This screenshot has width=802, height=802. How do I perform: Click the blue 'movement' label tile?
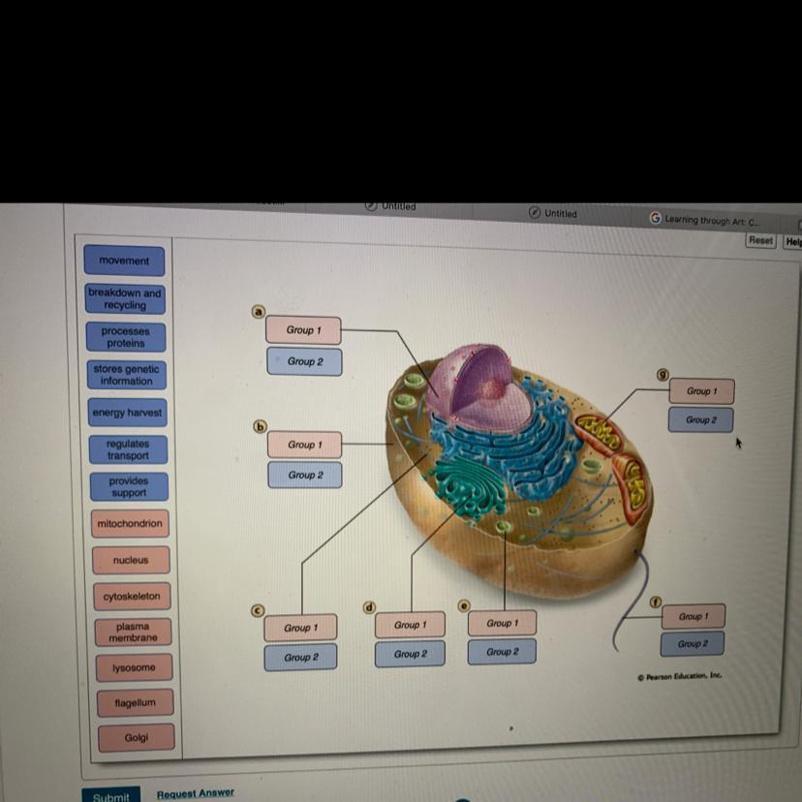click(124, 261)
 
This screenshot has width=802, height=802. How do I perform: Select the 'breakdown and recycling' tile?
click(125, 298)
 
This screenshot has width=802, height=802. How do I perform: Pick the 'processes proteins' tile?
click(126, 337)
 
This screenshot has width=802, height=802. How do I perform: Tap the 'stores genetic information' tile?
click(126, 375)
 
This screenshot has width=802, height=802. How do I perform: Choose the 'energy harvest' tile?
click(127, 413)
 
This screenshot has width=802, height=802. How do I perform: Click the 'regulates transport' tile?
click(128, 449)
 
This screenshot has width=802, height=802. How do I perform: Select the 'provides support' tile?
click(129, 486)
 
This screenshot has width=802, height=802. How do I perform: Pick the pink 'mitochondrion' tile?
click(130, 524)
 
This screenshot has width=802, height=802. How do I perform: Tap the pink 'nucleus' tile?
click(131, 560)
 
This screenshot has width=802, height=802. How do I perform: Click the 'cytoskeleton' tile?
click(132, 596)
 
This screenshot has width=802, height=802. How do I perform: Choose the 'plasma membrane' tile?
click(133, 632)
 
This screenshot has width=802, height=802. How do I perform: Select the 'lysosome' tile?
click(134, 667)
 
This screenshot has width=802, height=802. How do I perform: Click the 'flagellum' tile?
click(135, 702)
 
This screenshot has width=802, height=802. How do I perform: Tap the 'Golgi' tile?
click(137, 738)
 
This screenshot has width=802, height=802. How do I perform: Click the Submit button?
click(110, 796)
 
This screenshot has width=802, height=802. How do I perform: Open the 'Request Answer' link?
click(196, 792)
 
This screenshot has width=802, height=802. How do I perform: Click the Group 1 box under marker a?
click(303, 330)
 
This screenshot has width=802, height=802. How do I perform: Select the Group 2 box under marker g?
click(700, 419)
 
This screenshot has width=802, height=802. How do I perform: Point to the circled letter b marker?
click(260, 425)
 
